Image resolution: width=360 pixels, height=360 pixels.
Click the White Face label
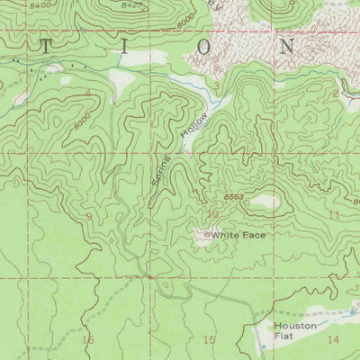[x=239, y=236]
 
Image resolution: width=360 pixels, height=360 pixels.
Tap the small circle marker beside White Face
[x=208, y=236]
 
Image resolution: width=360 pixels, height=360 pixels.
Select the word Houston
[x=296, y=325]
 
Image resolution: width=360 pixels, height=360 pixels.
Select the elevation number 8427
[x=131, y=5]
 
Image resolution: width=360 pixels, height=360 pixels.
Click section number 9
[x=89, y=217]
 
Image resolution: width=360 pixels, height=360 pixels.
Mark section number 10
[x=212, y=214]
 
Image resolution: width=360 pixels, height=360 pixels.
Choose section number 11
[x=334, y=216]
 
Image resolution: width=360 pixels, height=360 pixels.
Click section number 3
[x=216, y=86]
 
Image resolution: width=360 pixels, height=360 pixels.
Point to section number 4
[x=88, y=93]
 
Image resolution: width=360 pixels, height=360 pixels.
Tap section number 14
[x=333, y=339]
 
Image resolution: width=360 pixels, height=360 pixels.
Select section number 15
[x=210, y=339]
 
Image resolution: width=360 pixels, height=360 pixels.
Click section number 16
[x=87, y=339]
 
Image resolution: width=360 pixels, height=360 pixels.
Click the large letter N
[x=288, y=47]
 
